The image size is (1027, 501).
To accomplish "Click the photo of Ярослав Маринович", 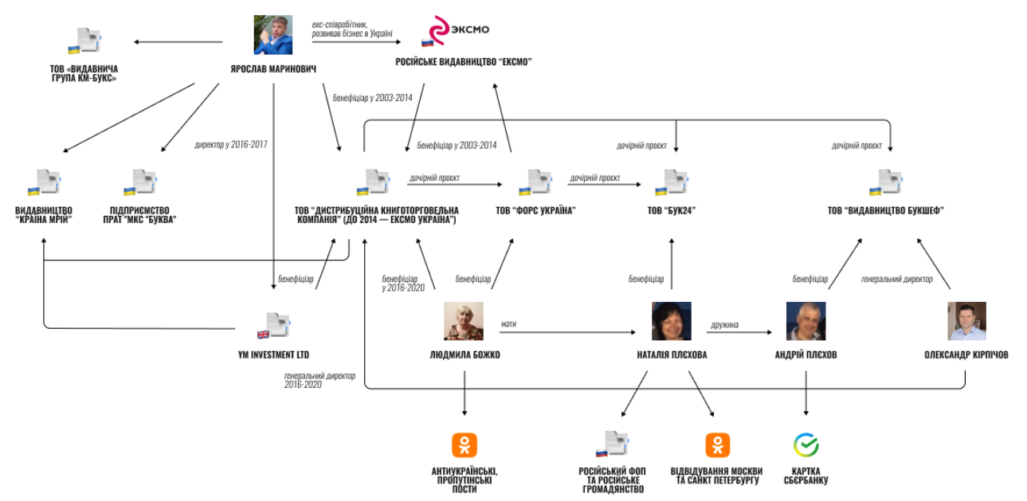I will [x=273, y=35].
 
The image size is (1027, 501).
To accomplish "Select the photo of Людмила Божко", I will [x=464, y=321].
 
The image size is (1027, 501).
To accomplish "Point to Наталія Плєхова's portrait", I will [x=671, y=321].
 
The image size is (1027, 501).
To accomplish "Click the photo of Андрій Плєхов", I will [x=806, y=321].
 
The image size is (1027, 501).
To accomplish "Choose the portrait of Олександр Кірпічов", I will [x=966, y=321].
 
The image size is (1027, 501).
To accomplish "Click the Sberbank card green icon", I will [x=806, y=444].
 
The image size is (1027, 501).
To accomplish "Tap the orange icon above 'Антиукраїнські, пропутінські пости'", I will [x=464, y=444].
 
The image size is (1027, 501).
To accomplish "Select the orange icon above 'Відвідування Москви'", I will [x=717, y=444].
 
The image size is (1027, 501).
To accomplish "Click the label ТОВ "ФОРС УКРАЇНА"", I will [x=535, y=210].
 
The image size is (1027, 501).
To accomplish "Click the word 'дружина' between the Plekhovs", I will [x=724, y=324].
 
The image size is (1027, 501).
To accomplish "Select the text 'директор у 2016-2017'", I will [x=230, y=145].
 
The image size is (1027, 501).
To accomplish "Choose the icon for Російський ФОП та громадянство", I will [x=610, y=444].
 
